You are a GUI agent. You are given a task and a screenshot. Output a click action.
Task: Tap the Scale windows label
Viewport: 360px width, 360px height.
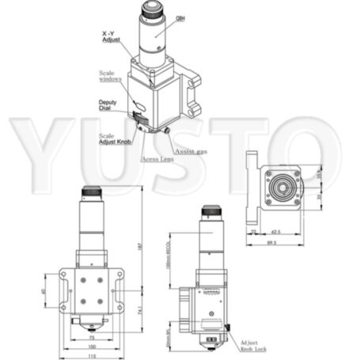[111, 76]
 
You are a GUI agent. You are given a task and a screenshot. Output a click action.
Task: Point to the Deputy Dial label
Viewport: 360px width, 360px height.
[109, 105]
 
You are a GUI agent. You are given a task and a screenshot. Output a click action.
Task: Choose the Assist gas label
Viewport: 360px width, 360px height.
[191, 150]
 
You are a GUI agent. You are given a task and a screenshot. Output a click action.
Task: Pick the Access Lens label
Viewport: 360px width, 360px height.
[158, 159]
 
